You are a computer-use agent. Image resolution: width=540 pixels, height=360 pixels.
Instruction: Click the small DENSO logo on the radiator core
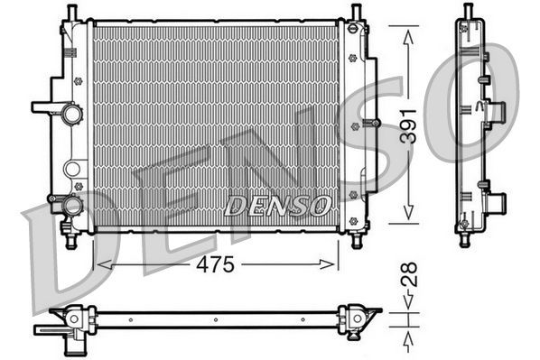click(276, 206)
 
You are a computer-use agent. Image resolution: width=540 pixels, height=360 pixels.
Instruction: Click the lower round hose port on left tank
click(71, 207)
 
